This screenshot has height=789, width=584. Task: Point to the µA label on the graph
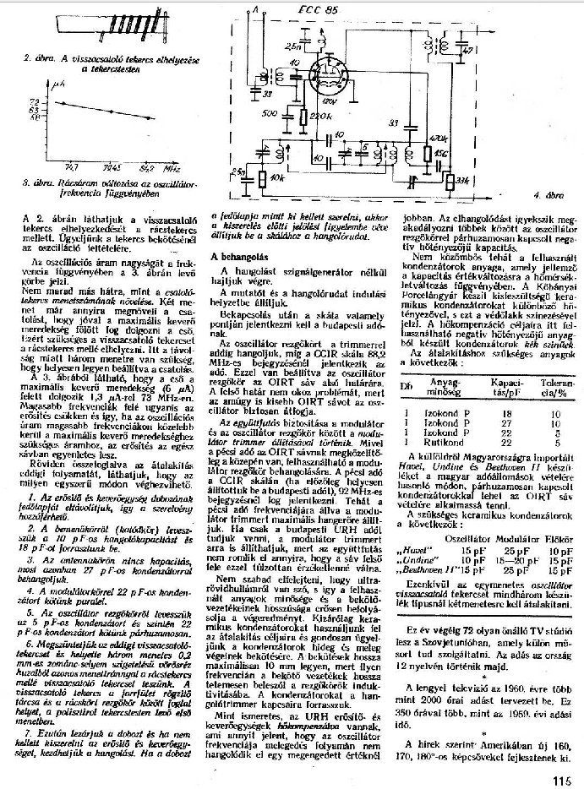coord(57,84)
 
